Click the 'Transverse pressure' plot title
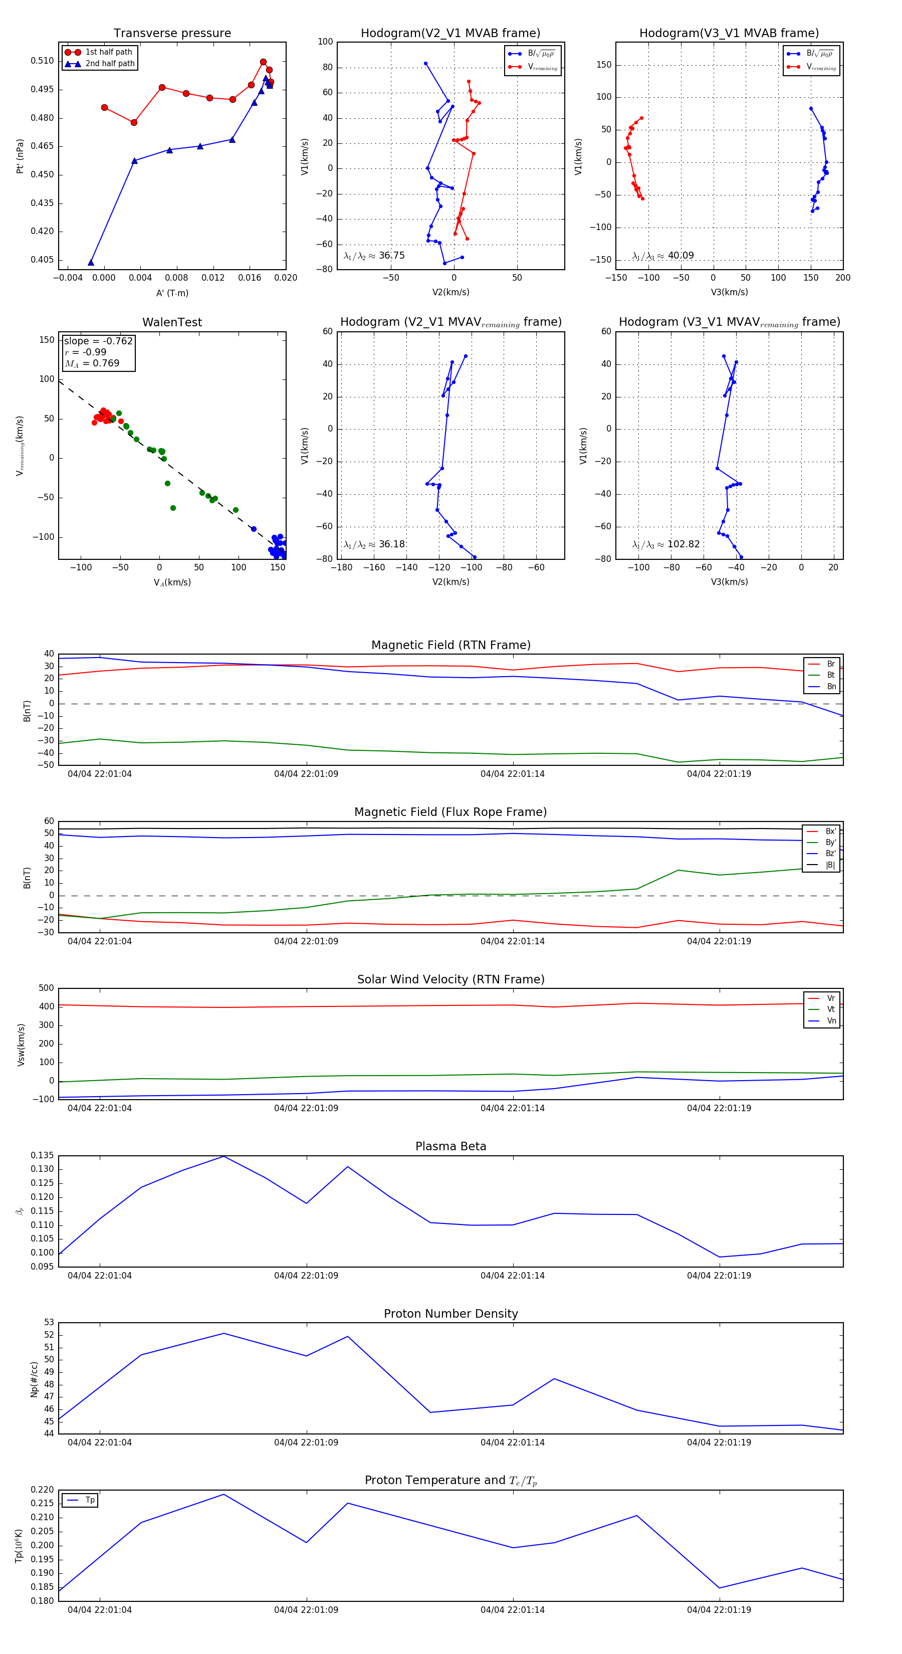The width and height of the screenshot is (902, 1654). [x=172, y=34]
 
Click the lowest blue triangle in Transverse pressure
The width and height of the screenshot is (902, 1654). [x=91, y=262]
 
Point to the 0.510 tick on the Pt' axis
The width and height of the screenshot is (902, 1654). [x=43, y=61]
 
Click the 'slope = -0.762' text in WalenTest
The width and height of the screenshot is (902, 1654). [x=98, y=341]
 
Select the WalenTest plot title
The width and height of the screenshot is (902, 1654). [x=172, y=322]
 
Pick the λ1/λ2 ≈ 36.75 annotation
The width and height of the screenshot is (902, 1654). [x=374, y=256]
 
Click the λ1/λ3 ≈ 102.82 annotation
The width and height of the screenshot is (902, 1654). [x=666, y=544]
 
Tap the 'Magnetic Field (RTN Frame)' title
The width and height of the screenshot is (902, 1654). [x=450, y=645]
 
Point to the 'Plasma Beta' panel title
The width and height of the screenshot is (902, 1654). [x=450, y=1147]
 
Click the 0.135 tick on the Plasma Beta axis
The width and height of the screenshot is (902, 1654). [x=43, y=1156]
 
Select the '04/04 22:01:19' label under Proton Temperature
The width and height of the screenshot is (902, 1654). [x=719, y=1610]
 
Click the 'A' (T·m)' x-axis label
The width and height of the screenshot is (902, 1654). [x=172, y=293]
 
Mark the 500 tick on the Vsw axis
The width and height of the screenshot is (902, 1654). [x=46, y=988]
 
